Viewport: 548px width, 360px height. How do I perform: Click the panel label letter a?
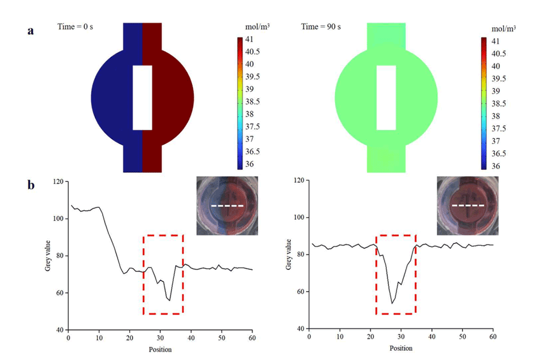(x=30, y=31)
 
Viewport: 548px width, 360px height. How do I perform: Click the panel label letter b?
(x=30, y=185)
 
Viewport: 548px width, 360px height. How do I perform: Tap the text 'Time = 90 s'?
(x=320, y=26)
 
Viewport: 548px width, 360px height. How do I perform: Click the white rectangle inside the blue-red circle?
(x=142, y=97)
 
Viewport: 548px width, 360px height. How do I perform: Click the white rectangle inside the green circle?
(x=386, y=97)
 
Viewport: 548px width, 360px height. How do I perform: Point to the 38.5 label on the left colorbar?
(x=253, y=101)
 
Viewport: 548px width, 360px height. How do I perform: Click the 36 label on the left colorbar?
(x=250, y=164)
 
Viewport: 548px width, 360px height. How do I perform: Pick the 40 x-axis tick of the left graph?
(x=191, y=338)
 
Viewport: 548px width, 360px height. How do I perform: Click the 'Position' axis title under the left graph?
(x=160, y=349)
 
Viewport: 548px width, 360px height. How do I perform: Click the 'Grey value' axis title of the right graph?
(x=288, y=254)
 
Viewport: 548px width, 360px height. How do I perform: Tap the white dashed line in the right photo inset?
(x=468, y=205)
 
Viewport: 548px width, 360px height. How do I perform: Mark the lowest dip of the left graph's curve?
(x=169, y=300)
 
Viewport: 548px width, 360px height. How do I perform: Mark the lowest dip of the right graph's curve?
(x=392, y=303)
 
